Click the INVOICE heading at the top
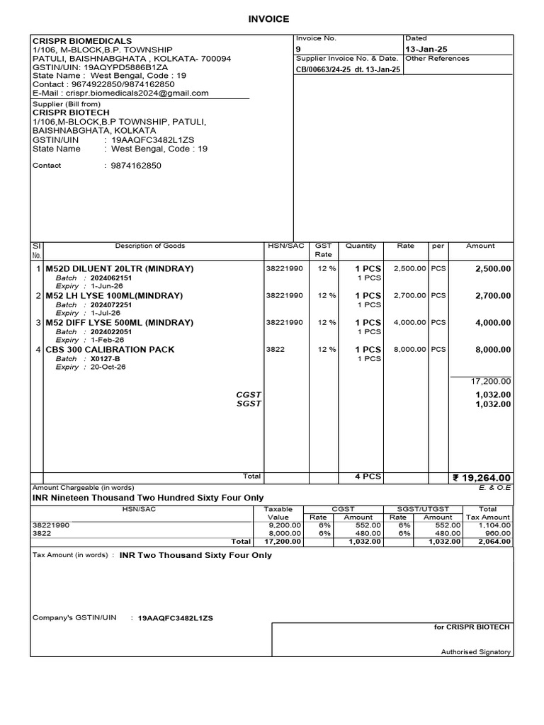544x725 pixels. pos(272,19)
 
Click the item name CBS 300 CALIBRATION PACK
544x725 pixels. pos(110,350)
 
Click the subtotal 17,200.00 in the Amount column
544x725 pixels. pos(491,381)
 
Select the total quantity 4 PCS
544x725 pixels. pos(368,476)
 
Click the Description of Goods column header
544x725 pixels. pos(149,246)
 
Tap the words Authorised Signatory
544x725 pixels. pos(475,652)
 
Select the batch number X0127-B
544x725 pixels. pos(106,359)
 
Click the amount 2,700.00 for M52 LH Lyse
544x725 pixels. pos(492,296)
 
